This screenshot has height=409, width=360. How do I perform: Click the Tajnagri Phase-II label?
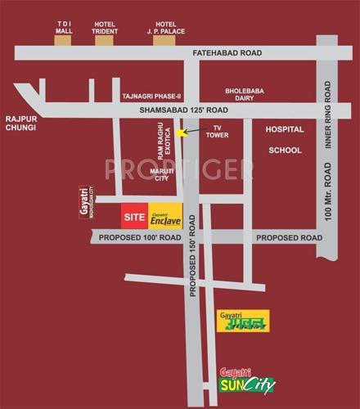[x=151, y=97]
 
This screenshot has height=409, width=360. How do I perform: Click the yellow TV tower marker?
[x=182, y=133]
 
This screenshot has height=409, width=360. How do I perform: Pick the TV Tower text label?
[x=218, y=133]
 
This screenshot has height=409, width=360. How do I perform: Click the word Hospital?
[x=284, y=129]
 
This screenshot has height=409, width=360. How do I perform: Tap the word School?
[x=285, y=150]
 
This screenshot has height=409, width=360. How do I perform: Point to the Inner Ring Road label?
[x=330, y=114]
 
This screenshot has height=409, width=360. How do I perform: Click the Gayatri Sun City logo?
[x=247, y=380]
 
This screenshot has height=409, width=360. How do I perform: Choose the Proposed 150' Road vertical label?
[x=192, y=249]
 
